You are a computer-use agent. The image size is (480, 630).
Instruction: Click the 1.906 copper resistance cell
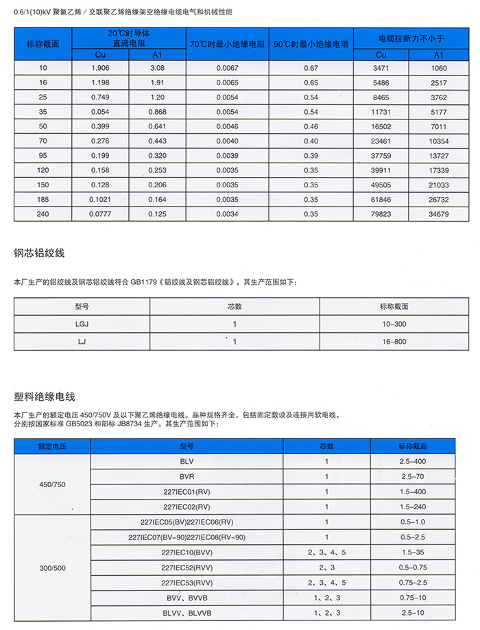pos(100,68)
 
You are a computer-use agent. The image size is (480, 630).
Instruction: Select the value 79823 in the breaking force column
pos(381,214)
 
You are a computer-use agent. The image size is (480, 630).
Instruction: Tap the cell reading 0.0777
pos(100,214)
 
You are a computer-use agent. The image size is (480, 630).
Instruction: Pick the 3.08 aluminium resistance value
pos(157,68)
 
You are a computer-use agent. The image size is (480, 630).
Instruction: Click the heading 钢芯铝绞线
pos(39,253)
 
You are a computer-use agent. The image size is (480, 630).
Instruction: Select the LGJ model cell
pos(82,324)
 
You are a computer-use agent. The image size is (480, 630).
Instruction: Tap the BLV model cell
pos(187,462)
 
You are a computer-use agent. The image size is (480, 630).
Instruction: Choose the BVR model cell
pos(187,476)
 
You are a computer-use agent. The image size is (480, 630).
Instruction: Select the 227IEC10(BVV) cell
pos(187,552)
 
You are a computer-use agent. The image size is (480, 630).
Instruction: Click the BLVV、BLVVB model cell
pos(187,613)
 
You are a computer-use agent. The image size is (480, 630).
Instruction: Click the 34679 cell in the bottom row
pos(438,214)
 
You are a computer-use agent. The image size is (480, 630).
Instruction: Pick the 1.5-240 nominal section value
pos(412,506)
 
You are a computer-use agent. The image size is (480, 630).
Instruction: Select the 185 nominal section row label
pos(44,200)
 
